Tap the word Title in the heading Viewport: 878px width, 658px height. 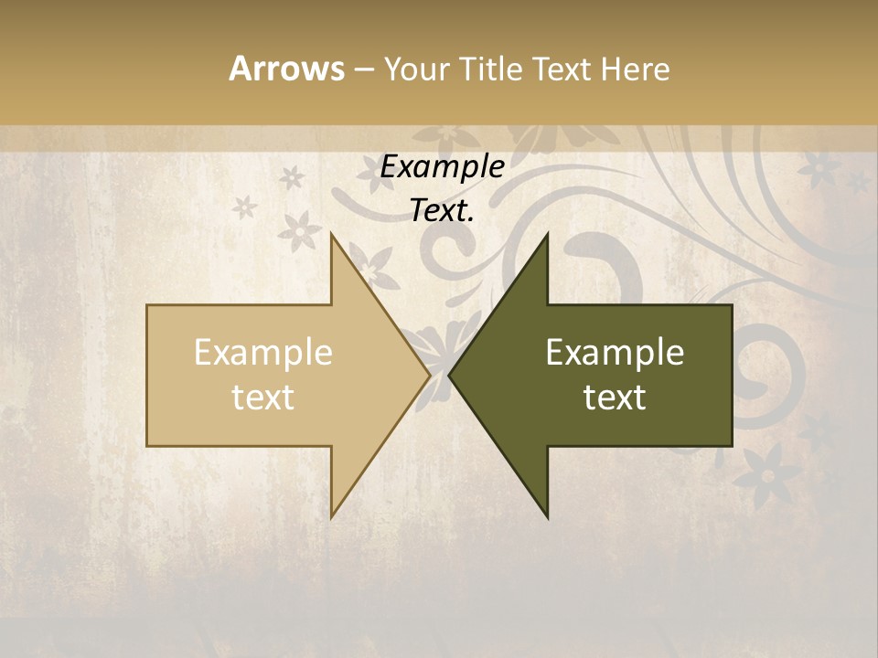495,69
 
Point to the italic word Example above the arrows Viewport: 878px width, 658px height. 443,166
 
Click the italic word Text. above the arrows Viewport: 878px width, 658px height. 443,211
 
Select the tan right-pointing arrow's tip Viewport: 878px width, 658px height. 428,375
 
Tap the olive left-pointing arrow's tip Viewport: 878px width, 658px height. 450,375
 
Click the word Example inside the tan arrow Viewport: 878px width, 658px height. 263,353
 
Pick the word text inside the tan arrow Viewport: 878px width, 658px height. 263,398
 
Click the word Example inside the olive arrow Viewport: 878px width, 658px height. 615,353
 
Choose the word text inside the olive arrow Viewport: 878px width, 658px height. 615,398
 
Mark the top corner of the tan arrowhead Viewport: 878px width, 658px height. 332,235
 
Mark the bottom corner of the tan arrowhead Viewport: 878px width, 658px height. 332,516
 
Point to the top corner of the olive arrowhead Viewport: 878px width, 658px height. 547,235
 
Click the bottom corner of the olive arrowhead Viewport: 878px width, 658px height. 547,516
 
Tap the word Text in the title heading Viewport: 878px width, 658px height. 564,69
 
